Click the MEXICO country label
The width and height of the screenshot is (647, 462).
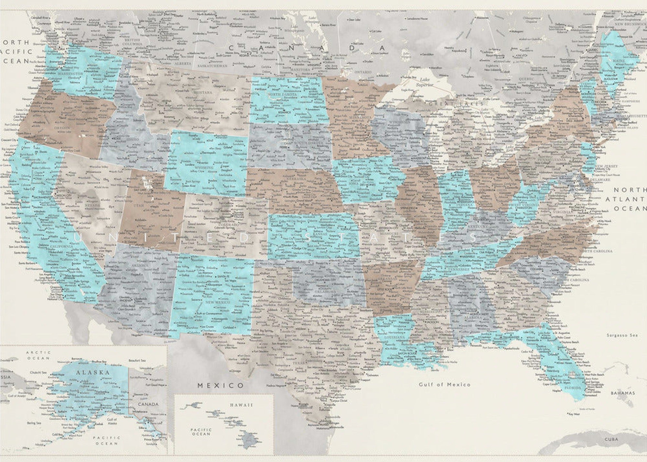point(221,385)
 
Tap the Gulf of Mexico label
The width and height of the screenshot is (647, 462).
point(444,384)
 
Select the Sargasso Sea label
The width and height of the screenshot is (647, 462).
point(622,335)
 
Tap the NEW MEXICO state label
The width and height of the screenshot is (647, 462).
point(218,302)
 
